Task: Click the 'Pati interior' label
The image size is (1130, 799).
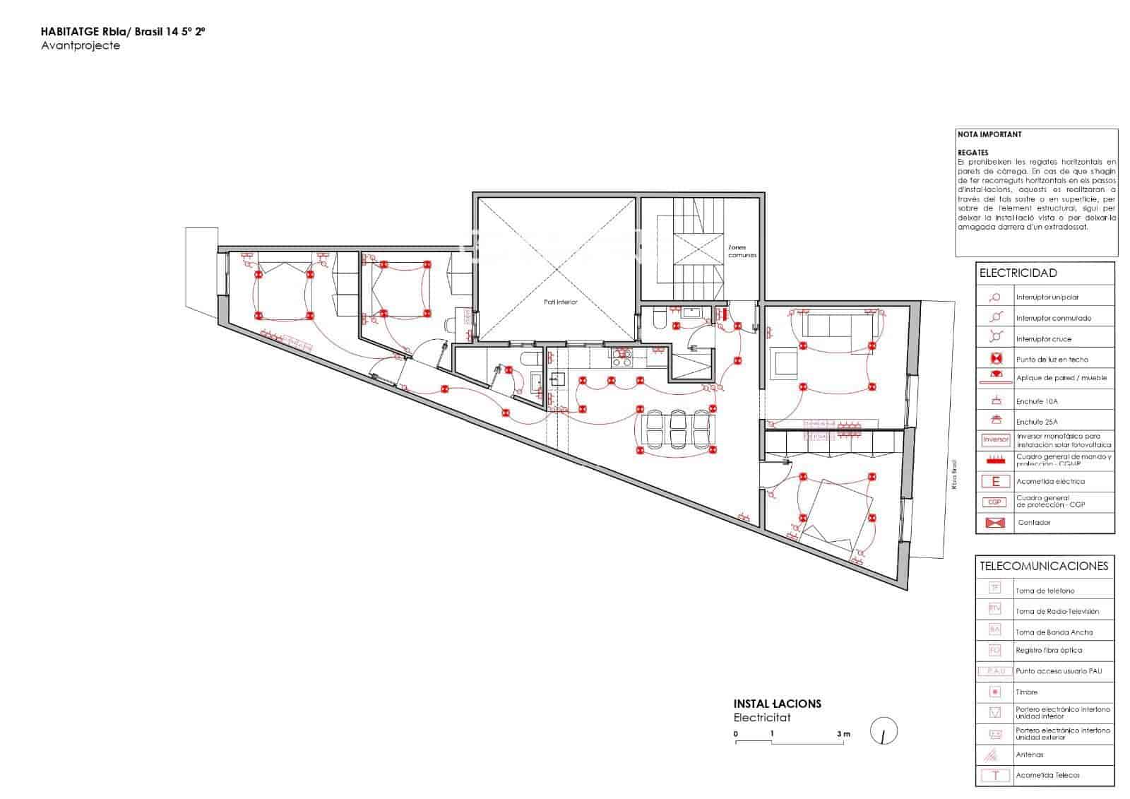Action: (x=560, y=302)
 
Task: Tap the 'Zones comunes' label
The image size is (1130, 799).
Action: (x=742, y=251)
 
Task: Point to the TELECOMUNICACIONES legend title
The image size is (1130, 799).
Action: (x=1044, y=566)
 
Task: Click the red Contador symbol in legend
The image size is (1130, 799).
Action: (x=995, y=523)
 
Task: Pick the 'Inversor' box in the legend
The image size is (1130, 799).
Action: (x=996, y=439)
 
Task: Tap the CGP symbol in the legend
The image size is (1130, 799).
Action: (x=995, y=502)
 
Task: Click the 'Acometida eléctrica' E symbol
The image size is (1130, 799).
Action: (x=996, y=482)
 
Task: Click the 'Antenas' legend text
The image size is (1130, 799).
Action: (x=1030, y=754)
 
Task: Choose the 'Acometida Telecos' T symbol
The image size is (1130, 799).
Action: (x=995, y=775)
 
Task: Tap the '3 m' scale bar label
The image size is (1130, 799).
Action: (x=843, y=734)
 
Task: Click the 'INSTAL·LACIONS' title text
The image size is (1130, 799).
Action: (x=777, y=704)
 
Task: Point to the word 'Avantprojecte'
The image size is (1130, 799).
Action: (x=81, y=46)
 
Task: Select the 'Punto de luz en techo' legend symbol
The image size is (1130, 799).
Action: (x=995, y=359)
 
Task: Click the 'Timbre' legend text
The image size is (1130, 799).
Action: (x=1026, y=692)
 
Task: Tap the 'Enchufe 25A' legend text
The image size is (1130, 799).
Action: (x=1037, y=422)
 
